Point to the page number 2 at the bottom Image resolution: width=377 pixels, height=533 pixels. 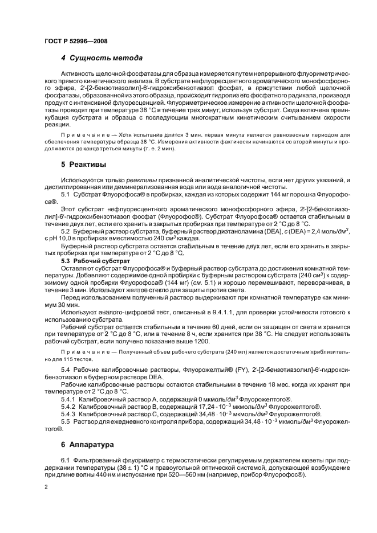click(46, 487)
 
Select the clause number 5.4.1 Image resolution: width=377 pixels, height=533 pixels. click(69, 399)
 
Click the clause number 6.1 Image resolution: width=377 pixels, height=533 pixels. click(65, 459)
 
